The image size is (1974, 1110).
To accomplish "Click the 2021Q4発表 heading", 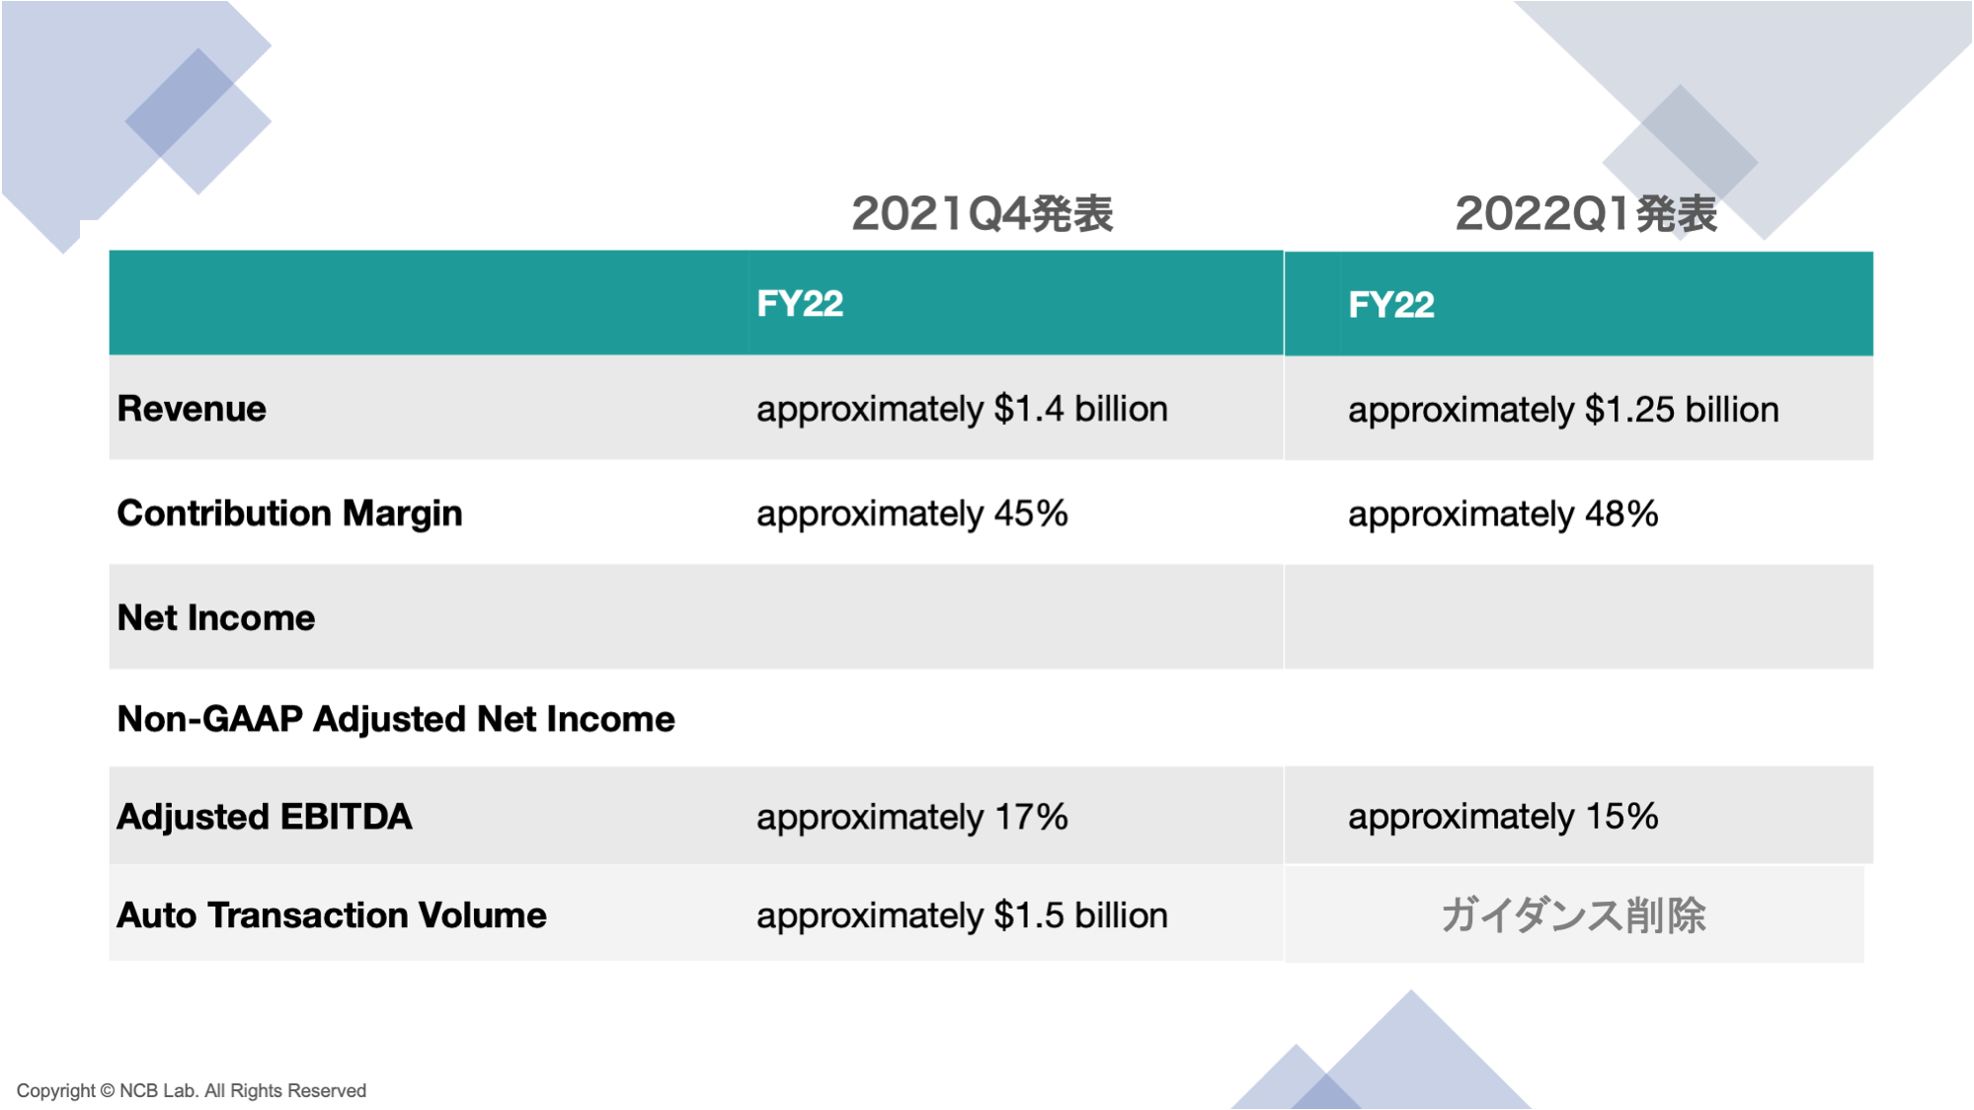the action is point(983,213).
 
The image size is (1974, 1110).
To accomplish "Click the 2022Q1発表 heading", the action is point(1586,213).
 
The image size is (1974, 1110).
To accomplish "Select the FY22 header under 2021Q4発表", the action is point(800,303).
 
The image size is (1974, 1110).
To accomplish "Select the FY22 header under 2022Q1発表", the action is point(1391,304).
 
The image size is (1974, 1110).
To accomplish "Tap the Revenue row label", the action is point(192,409).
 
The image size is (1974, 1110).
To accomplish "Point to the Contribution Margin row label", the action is point(289,514).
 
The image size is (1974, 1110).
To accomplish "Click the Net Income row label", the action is point(216,617).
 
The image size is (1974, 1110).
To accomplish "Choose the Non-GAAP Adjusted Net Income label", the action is point(396,719).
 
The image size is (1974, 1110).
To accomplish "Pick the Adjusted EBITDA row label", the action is point(265,817).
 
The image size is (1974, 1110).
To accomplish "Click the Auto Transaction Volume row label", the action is point(332,915).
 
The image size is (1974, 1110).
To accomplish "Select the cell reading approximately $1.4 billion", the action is point(962,409).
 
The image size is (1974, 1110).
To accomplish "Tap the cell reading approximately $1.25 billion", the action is point(1563,410).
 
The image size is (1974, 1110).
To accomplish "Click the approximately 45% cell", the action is point(912,514).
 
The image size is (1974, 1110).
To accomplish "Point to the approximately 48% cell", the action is point(1503,515).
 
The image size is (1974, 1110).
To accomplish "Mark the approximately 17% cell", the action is point(912,817).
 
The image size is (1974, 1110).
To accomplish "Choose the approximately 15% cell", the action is point(1503,817).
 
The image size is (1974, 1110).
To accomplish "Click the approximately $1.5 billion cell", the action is point(962,915).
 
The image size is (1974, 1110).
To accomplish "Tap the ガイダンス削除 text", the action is point(1573,915).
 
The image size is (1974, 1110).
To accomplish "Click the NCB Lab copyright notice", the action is point(192,1090).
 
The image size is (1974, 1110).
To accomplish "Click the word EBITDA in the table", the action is point(346,817).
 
